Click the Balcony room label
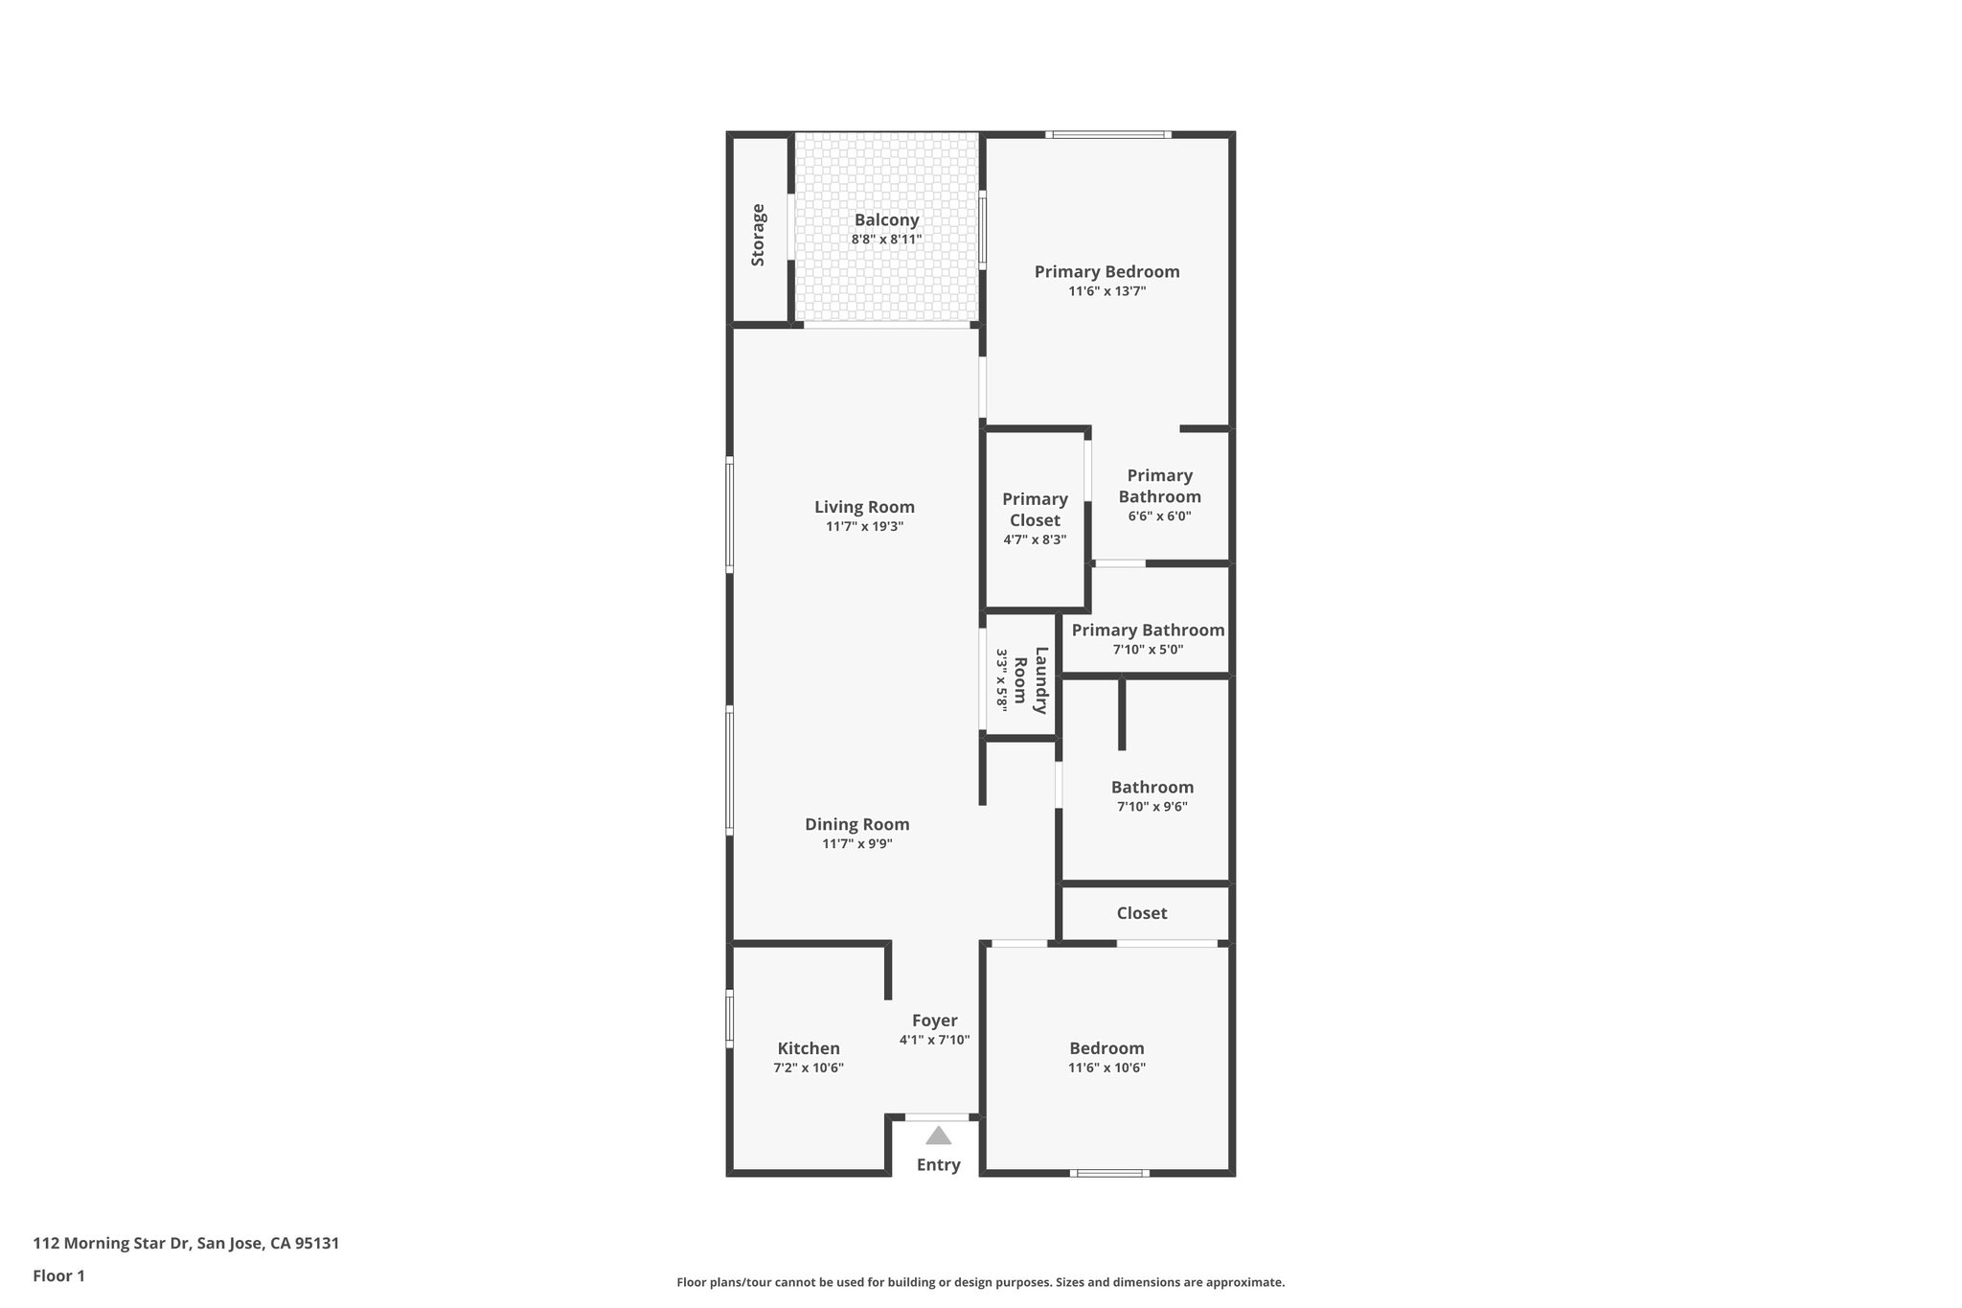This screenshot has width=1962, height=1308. coord(886,220)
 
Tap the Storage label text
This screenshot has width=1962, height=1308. coord(758,235)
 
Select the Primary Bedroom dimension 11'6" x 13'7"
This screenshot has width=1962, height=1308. coord(1106,291)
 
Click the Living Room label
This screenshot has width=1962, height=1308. coord(864,507)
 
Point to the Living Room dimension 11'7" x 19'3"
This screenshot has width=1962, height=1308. coord(864,527)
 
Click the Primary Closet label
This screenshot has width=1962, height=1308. coord(1035,510)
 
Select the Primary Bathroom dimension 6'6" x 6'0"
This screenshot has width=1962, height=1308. coord(1159,516)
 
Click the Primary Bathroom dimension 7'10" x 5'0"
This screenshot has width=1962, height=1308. coord(1148,650)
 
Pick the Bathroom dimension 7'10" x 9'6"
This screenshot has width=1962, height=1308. coord(1152,807)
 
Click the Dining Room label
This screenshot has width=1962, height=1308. coord(856,824)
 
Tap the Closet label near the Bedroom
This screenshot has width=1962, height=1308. coord(1142,913)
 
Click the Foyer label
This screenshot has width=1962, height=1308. coord(934,1021)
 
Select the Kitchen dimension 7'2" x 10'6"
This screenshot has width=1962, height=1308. coord(809,1068)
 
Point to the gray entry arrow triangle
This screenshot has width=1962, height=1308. coord(939,1136)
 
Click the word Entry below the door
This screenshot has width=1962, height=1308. coord(938,1165)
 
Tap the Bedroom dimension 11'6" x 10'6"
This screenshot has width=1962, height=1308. coord(1106,1068)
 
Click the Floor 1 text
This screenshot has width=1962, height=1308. coord(59,1276)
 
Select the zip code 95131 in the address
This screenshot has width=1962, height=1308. coord(316,1244)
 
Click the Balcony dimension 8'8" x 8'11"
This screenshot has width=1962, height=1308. coord(886,240)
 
